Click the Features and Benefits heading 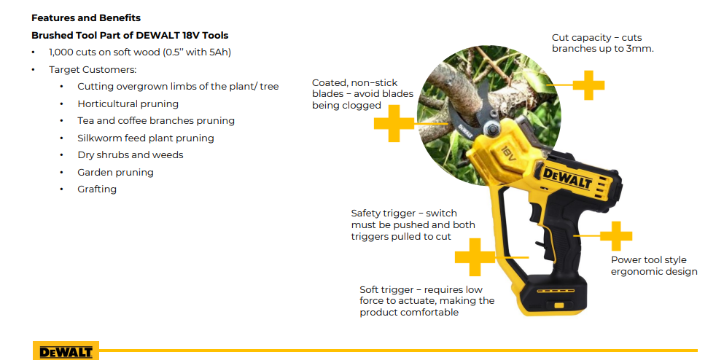[86, 18]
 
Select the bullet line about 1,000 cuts [140, 52]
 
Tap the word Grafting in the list [97, 189]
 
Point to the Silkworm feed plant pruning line [146, 138]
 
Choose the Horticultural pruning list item [128, 103]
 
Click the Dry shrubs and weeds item [131, 155]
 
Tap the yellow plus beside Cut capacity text [588, 85]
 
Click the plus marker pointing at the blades [394, 123]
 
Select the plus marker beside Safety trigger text [475, 257]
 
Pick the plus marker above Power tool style [616, 236]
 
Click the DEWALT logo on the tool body [566, 177]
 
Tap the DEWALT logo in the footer [66, 352]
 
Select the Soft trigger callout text [427, 301]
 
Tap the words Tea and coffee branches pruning [156, 121]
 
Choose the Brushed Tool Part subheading [130, 36]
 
